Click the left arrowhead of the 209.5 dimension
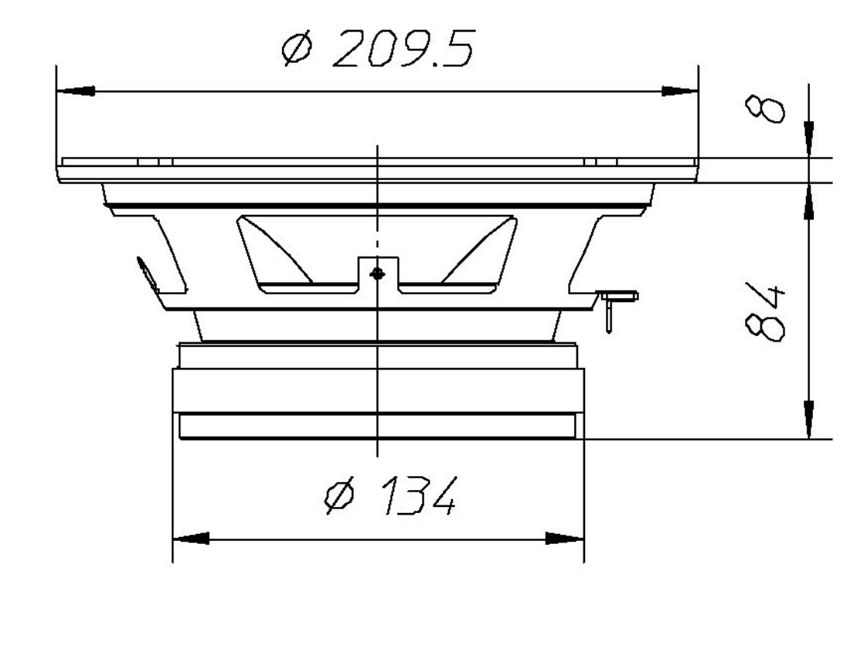(77, 91)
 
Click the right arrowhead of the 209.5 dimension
(679, 91)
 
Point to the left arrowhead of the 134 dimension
(190, 539)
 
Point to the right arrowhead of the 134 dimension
(565, 539)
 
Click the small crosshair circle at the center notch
(376, 273)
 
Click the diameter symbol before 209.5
(297, 51)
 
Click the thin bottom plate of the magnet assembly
(376, 427)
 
